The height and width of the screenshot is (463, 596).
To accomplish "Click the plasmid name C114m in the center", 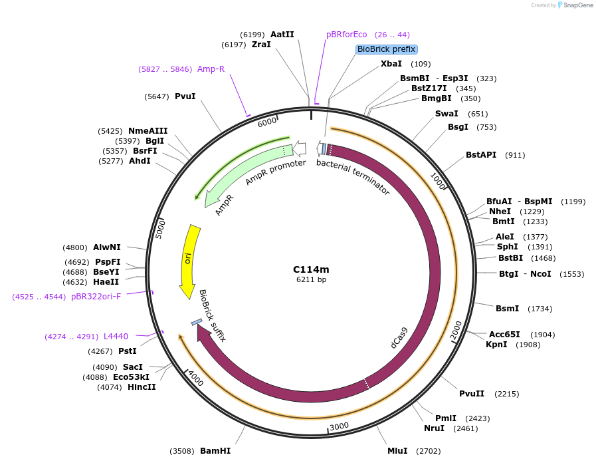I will pyautogui.click(x=311, y=269).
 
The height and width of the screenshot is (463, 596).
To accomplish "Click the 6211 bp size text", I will pyautogui.click(x=311, y=279).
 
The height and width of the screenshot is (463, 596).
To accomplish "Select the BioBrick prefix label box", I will pyautogui.click(x=386, y=49).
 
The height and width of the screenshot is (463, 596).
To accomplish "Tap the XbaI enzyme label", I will pyautogui.click(x=391, y=64).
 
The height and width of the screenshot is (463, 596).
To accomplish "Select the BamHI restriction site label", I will pyautogui.click(x=215, y=451).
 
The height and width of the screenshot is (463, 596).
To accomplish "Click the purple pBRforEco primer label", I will pyautogui.click(x=346, y=35).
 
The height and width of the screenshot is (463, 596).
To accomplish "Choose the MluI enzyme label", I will pyautogui.click(x=397, y=451).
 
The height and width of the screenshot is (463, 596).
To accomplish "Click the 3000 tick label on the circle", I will pyautogui.click(x=339, y=426).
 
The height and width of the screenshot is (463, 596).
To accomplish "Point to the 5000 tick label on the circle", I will pyautogui.click(x=159, y=229).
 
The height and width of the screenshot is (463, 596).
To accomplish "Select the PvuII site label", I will pyautogui.click(x=472, y=394).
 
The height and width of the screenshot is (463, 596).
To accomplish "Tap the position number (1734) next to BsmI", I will pyautogui.click(x=540, y=309).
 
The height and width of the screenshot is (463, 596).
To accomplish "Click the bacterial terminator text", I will pyautogui.click(x=352, y=176).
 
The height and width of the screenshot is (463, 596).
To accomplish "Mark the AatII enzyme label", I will pyautogui.click(x=282, y=35).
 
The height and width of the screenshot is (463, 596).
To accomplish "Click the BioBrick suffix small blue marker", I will pyautogui.click(x=197, y=322).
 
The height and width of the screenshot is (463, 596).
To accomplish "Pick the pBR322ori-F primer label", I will pyautogui.click(x=96, y=297).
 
